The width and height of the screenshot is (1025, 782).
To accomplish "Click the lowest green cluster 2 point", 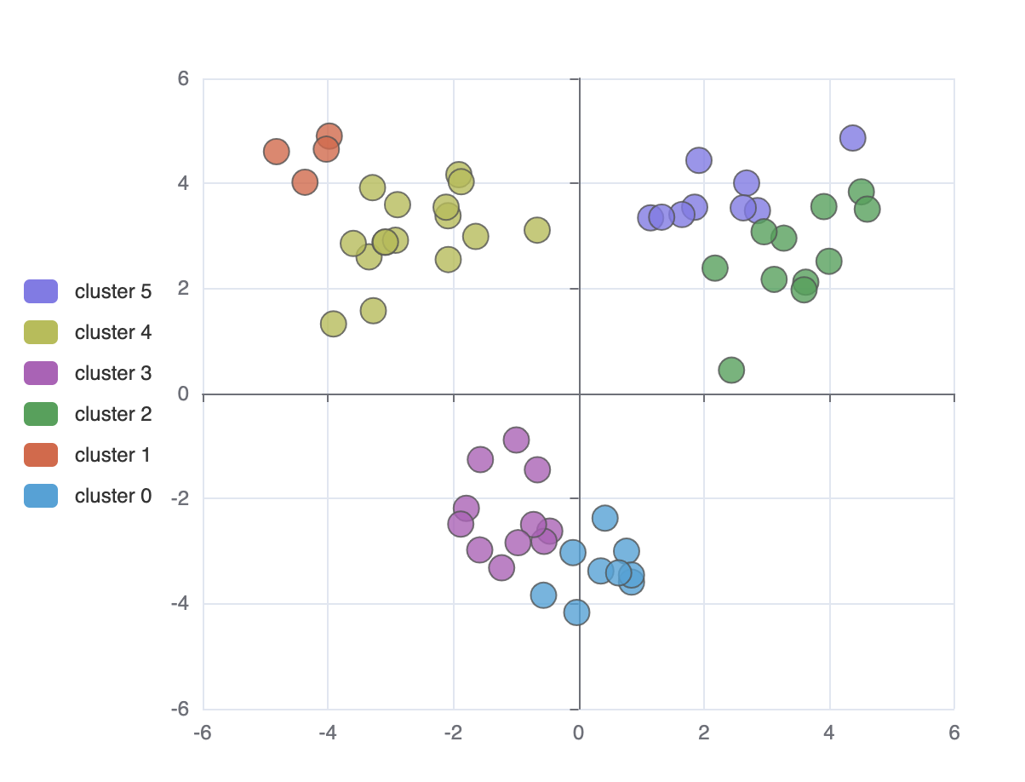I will coord(731,370).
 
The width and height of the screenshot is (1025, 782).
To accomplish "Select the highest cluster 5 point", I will coord(852,138).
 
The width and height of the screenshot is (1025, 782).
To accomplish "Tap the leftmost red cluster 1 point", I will coord(276,152).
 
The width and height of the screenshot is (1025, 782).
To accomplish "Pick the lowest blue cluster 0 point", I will coord(576,612).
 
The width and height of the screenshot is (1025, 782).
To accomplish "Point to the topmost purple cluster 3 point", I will coord(516,440).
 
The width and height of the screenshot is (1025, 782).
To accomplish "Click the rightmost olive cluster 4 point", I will coord(536,230).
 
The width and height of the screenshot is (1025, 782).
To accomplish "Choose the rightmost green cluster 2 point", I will coord(867,209).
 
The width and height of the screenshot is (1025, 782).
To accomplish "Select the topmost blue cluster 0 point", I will coord(604,517).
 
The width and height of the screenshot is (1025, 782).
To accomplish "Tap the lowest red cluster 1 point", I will coord(305,181).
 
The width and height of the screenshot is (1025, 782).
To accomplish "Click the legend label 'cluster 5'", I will coord(112,291).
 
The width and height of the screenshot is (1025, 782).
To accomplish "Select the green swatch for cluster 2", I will coord(41,414).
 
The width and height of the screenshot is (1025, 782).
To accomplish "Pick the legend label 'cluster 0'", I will coord(112,496).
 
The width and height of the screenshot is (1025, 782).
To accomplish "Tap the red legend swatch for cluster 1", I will coord(41,455).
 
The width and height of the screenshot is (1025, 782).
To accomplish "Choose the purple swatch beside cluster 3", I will coord(41,373).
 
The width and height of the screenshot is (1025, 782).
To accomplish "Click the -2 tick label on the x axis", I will coord(453,733).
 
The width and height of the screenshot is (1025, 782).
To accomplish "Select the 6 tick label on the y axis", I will coord(183,78).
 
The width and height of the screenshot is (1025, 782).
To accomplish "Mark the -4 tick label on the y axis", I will coord(180,603).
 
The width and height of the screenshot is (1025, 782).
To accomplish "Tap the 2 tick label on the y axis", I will coord(183,288).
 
